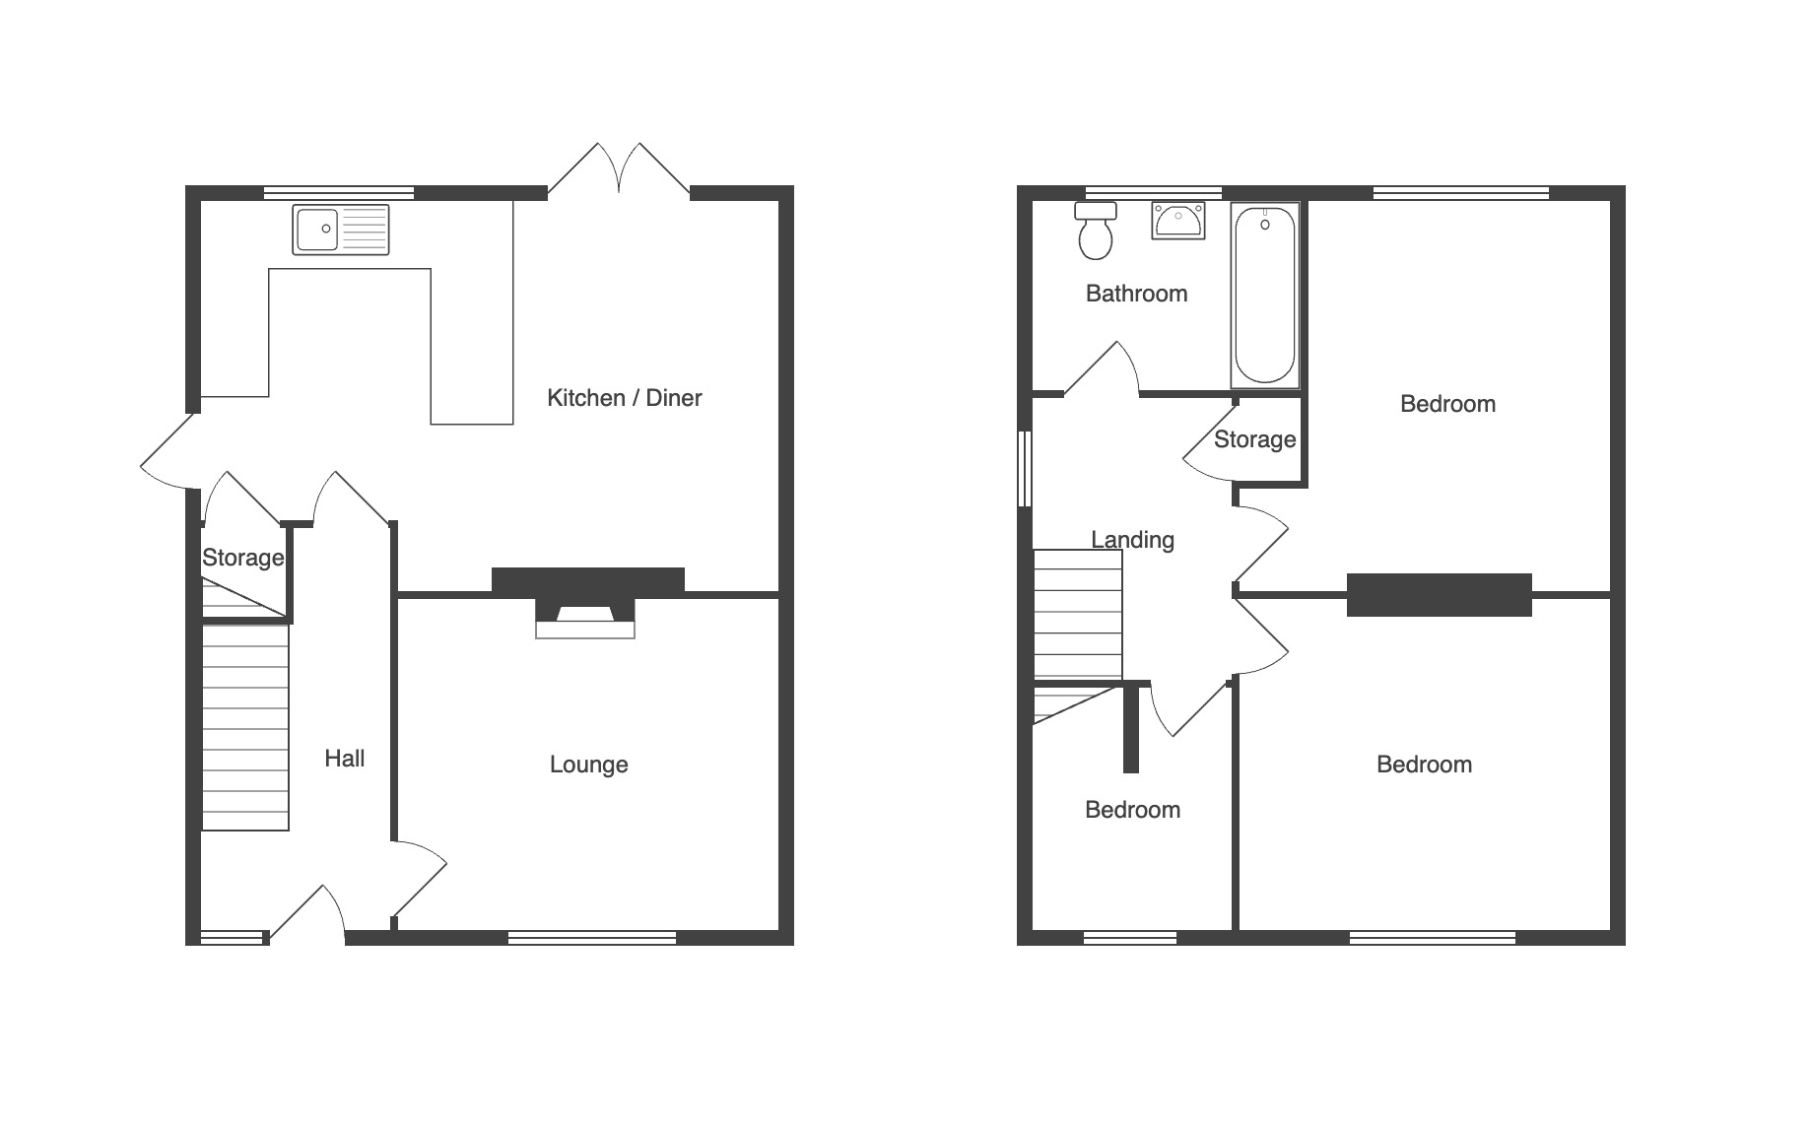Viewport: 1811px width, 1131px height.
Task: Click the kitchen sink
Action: (x=341, y=230)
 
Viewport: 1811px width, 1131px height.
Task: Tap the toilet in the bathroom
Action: (x=1096, y=231)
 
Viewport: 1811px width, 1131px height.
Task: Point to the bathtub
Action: (x=1265, y=295)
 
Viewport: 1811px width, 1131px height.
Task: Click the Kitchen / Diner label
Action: (x=625, y=398)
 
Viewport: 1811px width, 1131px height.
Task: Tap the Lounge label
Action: (x=589, y=765)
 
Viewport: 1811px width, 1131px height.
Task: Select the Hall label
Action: (x=345, y=759)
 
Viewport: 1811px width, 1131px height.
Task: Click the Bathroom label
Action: (x=1136, y=294)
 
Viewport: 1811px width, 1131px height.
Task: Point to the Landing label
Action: (x=1133, y=540)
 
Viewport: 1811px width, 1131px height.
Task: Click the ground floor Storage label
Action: (x=243, y=559)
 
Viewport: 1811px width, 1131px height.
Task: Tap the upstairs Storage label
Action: (x=1254, y=439)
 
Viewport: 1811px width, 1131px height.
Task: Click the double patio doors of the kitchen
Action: (x=619, y=169)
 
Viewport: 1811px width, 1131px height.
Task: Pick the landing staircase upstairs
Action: (x=1078, y=615)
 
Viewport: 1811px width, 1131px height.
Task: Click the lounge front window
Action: (x=592, y=938)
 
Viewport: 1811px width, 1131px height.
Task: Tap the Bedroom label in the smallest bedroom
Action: (x=1132, y=811)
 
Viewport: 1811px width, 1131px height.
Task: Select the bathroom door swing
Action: (x=1102, y=368)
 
